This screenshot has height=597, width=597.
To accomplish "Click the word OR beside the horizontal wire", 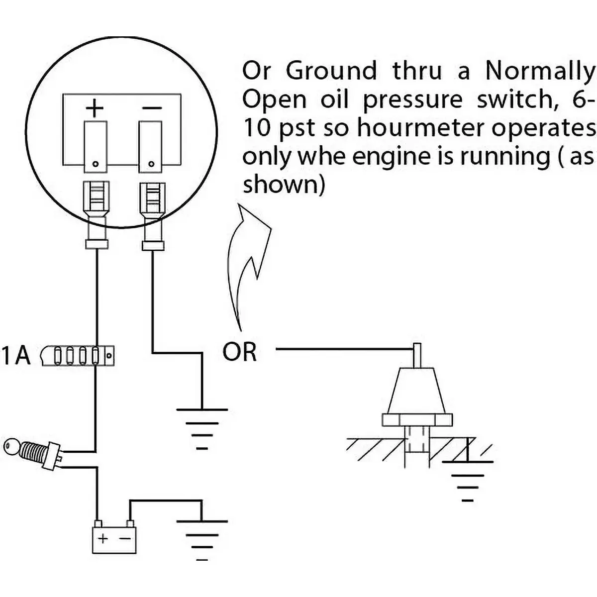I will tap(240, 352).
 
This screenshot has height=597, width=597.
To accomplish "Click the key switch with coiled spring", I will tap(32, 452).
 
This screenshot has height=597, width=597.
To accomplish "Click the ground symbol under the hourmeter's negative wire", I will tap(201, 428).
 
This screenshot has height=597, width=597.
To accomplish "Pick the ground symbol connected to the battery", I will tap(201, 540).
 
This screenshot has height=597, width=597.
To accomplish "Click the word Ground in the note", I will tap(331, 71).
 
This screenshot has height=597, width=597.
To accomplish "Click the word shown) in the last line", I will tap(284, 185).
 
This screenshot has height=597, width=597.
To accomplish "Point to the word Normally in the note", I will tap(540, 71).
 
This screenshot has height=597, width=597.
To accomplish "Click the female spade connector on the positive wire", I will tap(97, 209).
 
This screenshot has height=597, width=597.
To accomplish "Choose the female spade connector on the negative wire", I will tap(152, 209).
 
